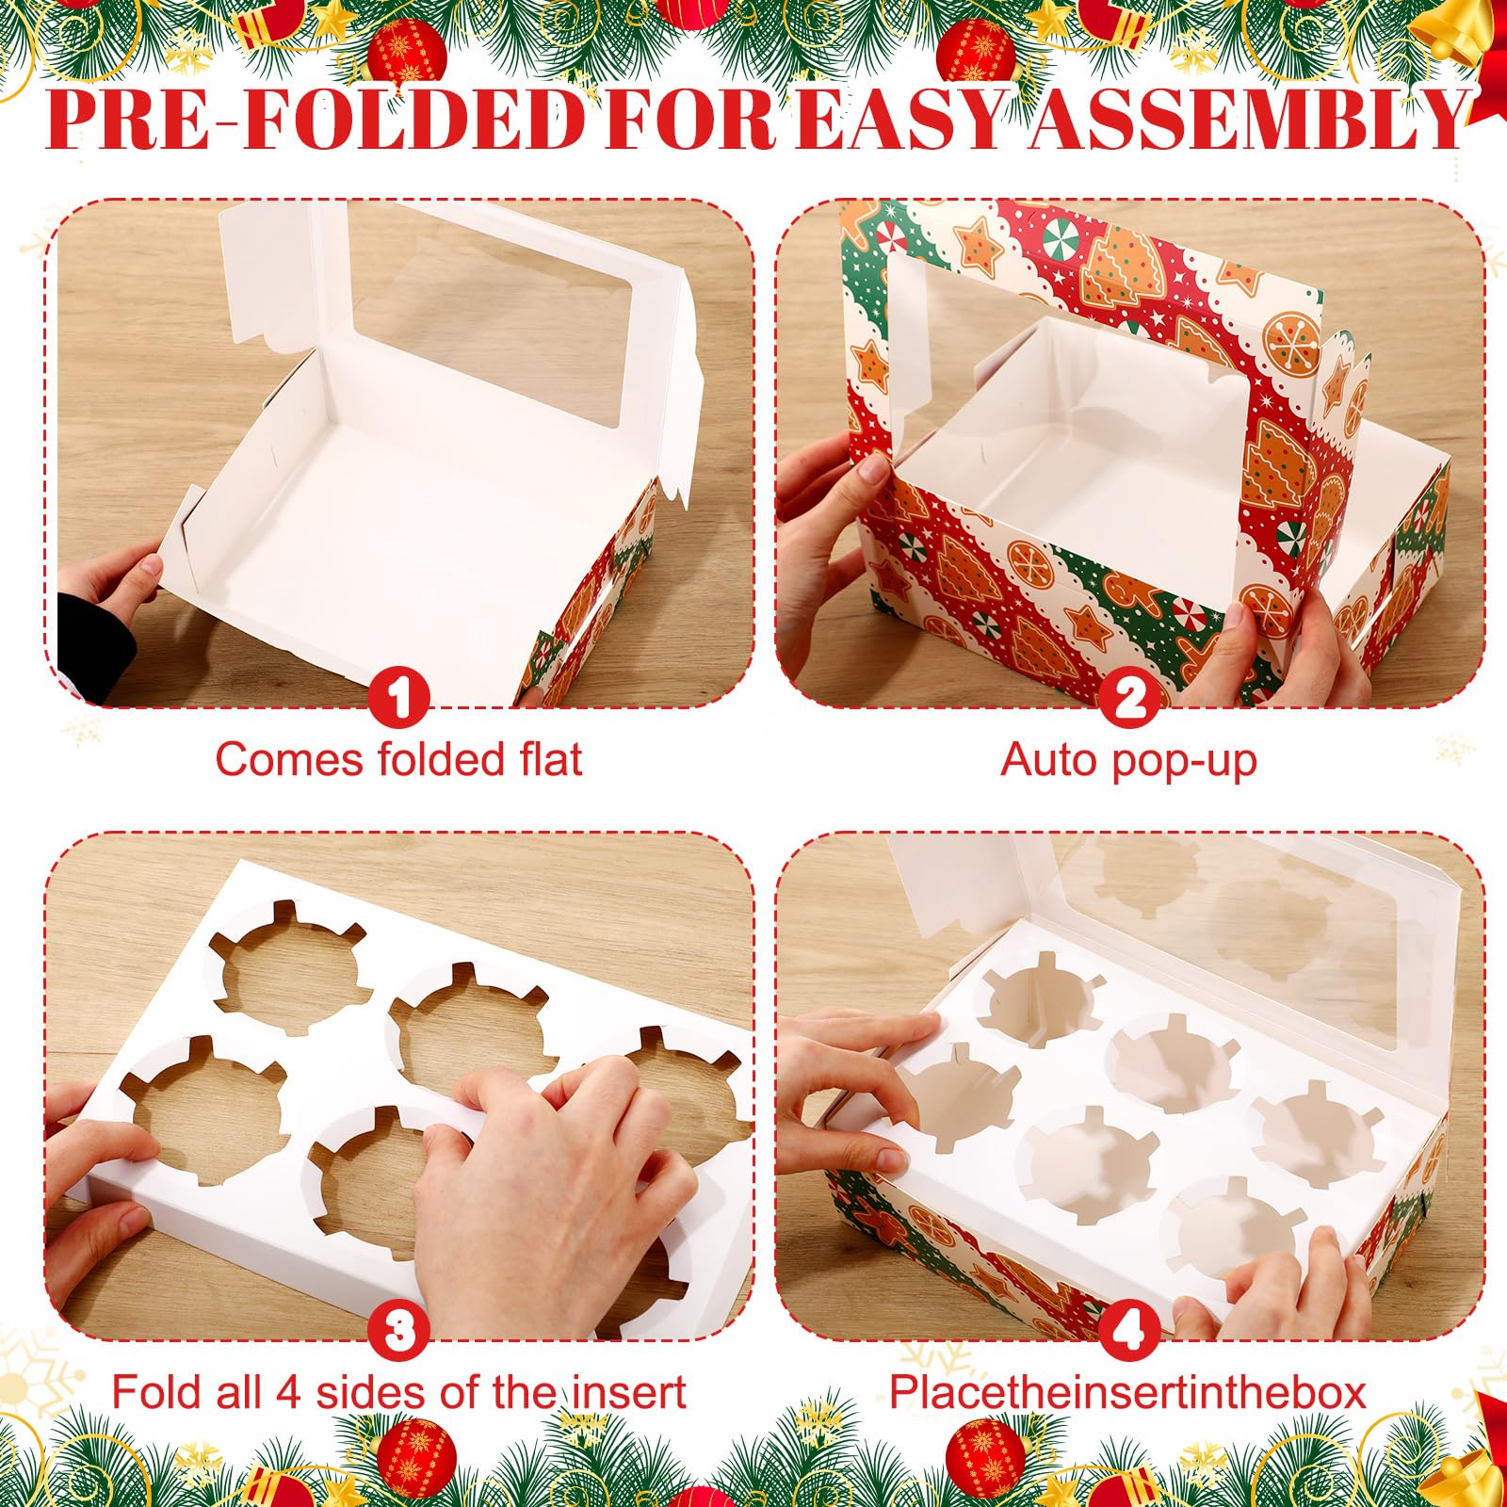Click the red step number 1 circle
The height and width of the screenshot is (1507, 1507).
click(399, 698)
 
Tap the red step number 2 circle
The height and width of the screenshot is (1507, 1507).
click(1130, 698)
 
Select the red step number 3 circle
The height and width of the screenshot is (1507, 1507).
click(399, 1331)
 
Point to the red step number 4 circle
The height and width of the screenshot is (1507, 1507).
click(1130, 1331)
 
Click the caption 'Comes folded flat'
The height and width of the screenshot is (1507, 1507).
click(398, 759)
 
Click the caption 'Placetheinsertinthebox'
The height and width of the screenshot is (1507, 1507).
click(1127, 1392)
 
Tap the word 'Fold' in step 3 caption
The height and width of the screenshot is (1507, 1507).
click(154, 1392)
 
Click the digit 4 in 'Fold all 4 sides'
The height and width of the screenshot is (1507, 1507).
click(288, 1392)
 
